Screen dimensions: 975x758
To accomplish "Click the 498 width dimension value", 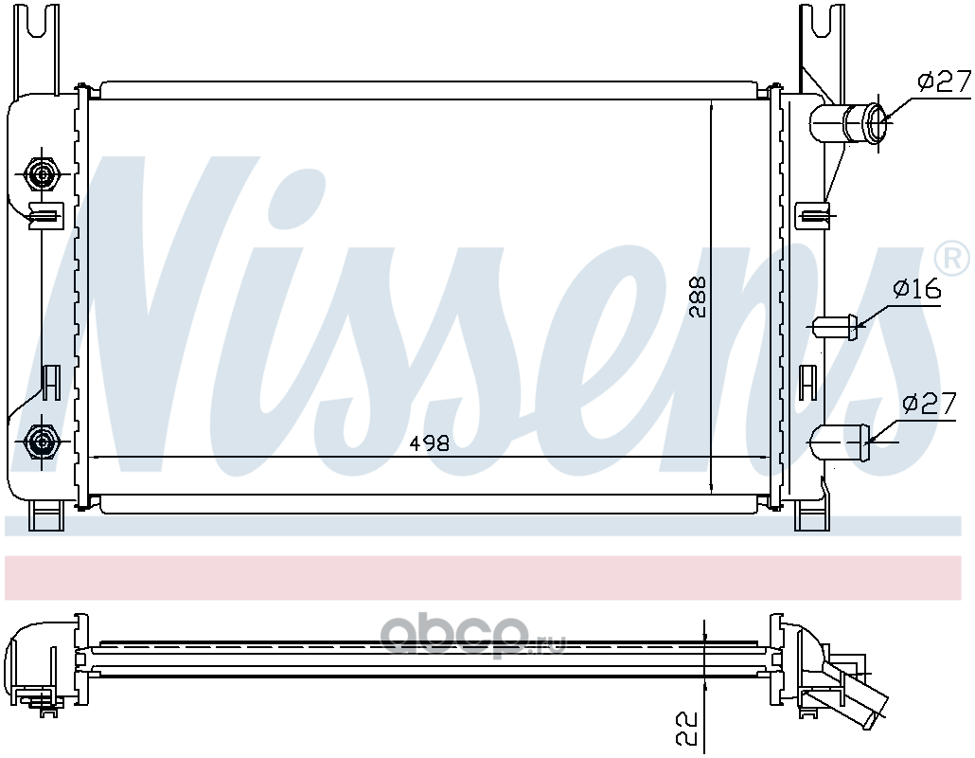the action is point(430,443).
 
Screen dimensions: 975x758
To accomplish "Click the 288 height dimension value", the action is point(699,297).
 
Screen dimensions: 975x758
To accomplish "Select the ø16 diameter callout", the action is point(917,289).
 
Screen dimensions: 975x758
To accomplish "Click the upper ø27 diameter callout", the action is point(944,81).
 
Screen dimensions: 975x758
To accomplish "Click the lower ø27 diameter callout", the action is point(929,405).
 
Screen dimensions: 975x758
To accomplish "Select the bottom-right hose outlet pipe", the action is point(841,442).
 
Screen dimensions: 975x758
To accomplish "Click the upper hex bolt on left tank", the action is point(42,175).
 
